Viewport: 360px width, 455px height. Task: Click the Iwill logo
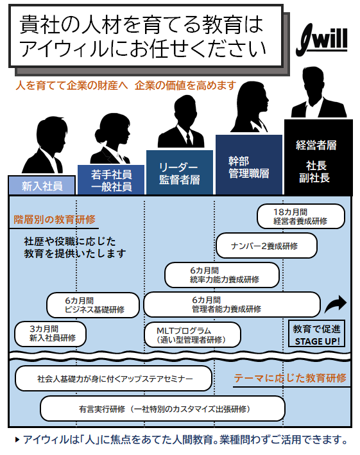[x=321, y=40]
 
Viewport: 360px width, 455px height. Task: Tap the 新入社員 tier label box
[x=42, y=185]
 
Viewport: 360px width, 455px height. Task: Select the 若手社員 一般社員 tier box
[x=111, y=180]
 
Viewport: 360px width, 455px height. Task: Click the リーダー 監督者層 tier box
[x=180, y=173]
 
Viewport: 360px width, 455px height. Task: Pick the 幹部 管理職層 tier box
[x=249, y=165]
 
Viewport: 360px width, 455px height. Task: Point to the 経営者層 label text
[x=316, y=145]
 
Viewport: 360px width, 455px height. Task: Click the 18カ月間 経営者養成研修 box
[x=301, y=216]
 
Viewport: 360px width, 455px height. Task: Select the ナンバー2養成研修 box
[x=266, y=246]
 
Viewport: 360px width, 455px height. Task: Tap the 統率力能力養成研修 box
[x=222, y=275]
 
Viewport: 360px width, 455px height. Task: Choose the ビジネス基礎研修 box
[x=93, y=305]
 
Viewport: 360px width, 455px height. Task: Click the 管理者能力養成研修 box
[x=232, y=304]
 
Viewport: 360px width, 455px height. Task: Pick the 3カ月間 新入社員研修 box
[x=51, y=334]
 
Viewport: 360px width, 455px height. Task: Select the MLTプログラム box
[x=193, y=334]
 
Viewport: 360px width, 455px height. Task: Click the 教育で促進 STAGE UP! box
[x=316, y=334]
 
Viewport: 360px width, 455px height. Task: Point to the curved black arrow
[x=336, y=304]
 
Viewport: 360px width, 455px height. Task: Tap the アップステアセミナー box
[x=114, y=379]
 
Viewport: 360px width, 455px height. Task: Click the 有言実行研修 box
[x=162, y=409]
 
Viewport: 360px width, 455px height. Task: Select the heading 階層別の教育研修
[x=55, y=219]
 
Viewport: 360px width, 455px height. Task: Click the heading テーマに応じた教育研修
[x=290, y=378]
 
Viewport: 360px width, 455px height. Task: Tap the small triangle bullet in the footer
[x=17, y=440]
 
